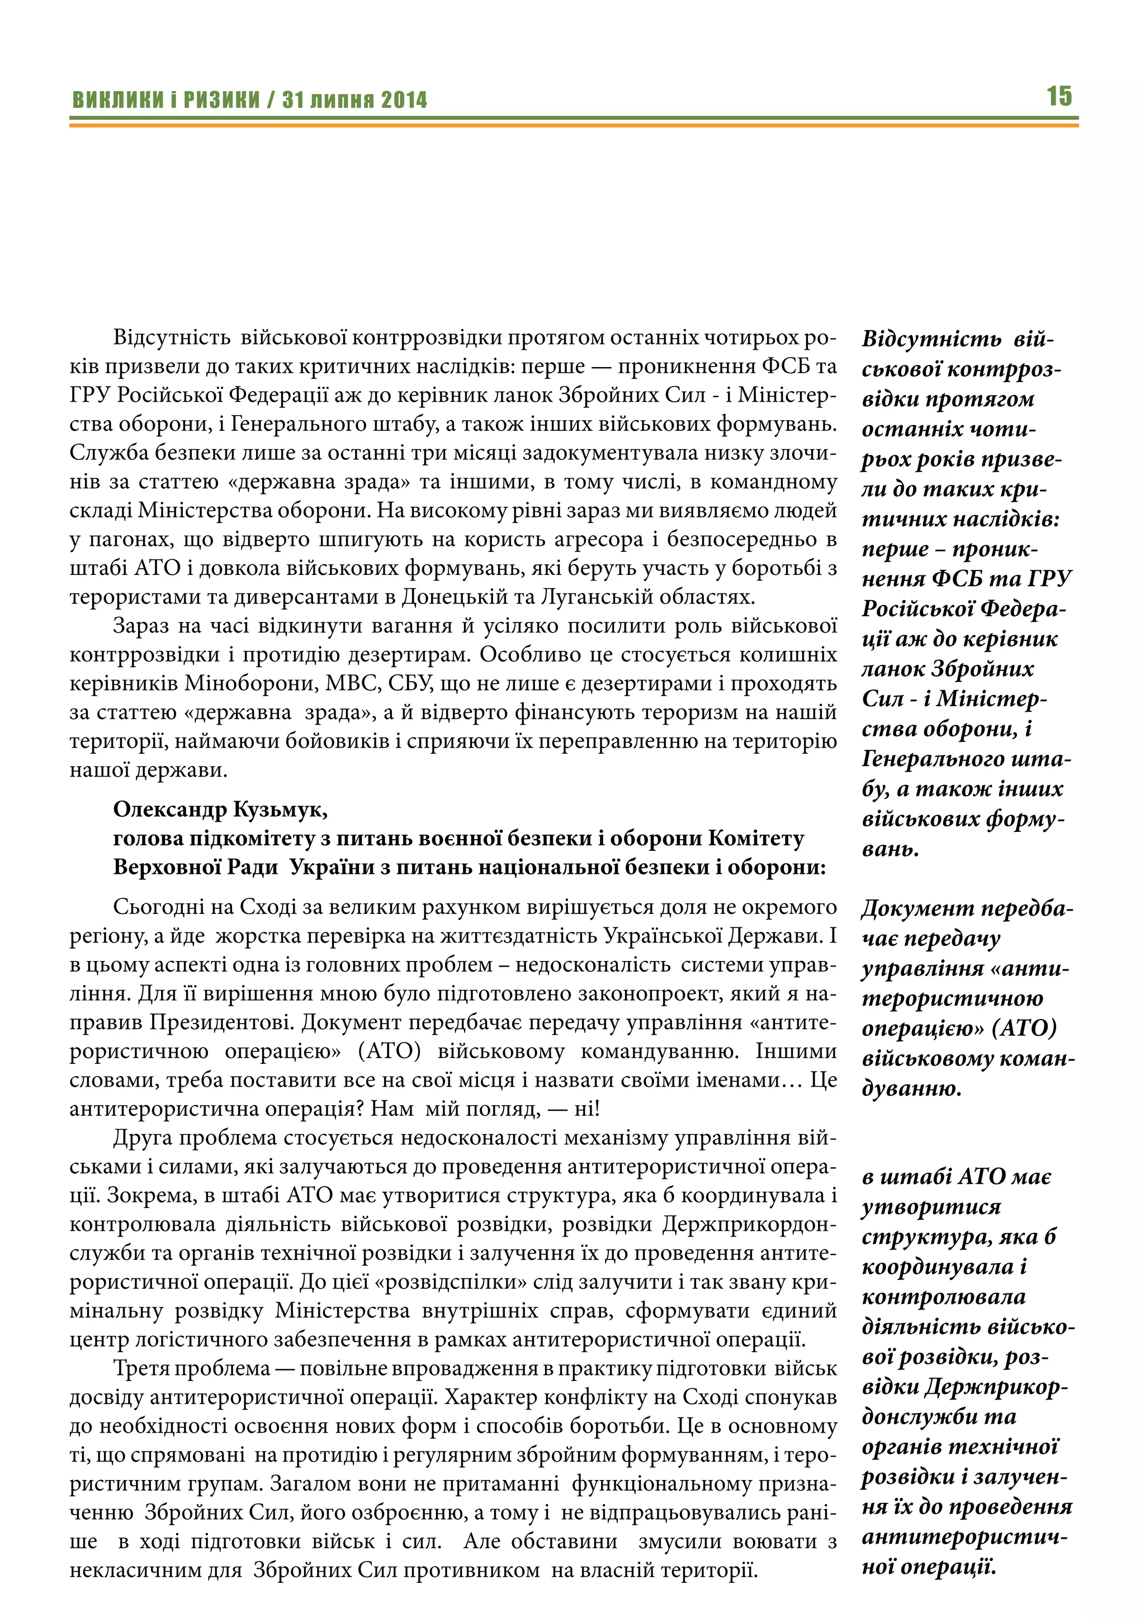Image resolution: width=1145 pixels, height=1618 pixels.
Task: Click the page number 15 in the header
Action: tap(1058, 96)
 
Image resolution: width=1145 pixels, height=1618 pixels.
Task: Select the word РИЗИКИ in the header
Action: tap(221, 100)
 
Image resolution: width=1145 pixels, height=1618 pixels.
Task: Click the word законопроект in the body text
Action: tap(648, 993)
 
